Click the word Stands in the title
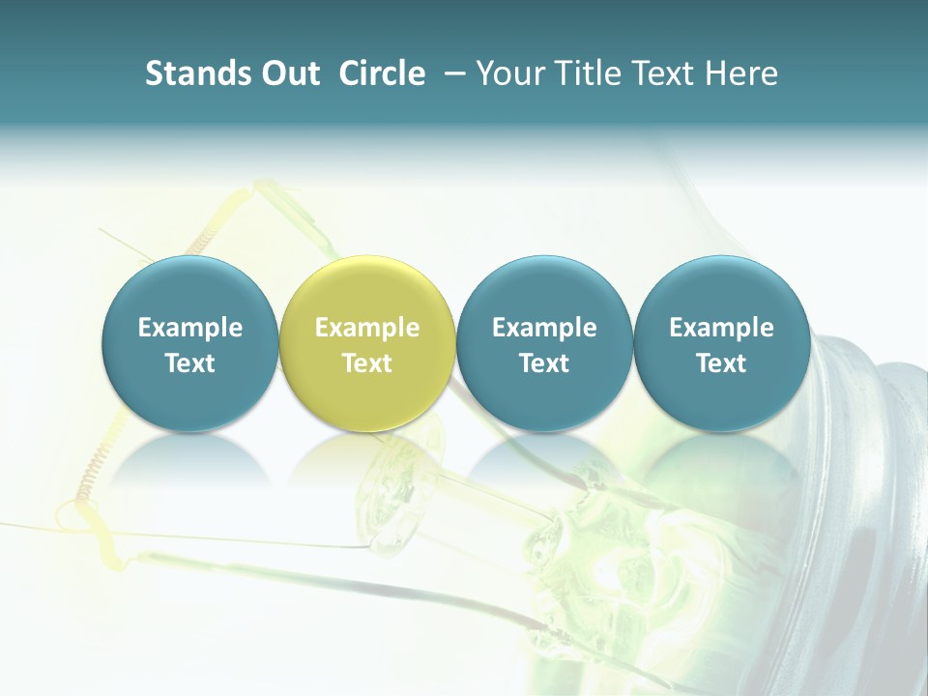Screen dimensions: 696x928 193,73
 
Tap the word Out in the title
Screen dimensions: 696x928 288,73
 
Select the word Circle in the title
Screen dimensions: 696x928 382,73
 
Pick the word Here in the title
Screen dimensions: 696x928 741,73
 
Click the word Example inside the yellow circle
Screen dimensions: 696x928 367,328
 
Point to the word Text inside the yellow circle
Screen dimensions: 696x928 367,363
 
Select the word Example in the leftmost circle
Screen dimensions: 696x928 189,328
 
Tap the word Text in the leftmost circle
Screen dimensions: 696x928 189,363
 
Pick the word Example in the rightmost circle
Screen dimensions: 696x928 721,328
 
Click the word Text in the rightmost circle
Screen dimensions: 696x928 721,363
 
